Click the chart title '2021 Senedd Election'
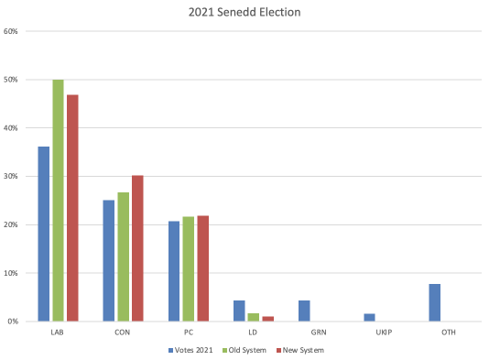[x=245, y=12]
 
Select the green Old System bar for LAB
[x=58, y=201]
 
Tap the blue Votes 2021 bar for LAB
[x=43, y=234]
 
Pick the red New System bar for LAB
[x=72, y=208]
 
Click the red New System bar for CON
[x=137, y=248]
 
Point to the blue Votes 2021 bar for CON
[x=108, y=260]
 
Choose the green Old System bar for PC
[x=189, y=269]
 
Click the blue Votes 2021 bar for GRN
[x=304, y=311]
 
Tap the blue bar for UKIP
[x=369, y=318]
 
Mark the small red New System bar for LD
[x=268, y=319]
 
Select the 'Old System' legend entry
[x=247, y=350]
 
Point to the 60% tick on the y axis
[x=12, y=31]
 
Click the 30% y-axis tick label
[x=12, y=177]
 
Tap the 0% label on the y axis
[x=14, y=322]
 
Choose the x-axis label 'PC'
[x=188, y=333]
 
